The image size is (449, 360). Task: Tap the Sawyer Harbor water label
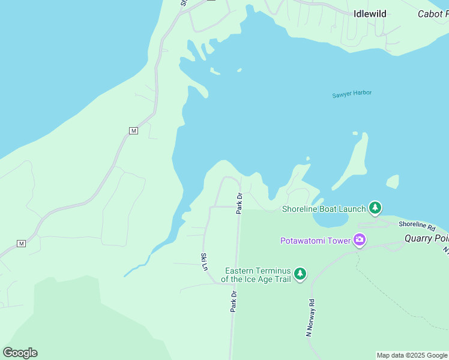pos(352,94)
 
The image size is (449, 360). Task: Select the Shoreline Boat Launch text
pos(324,209)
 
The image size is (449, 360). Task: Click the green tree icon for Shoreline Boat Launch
pos(375,208)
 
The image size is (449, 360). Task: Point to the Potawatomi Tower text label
pos(316,241)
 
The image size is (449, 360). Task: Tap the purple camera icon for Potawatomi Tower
pos(360,241)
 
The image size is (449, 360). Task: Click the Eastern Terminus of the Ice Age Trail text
pos(257,275)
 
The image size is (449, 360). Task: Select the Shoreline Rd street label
pos(417,226)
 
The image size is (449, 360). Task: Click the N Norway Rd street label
pos(310,318)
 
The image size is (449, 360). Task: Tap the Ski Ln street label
pos(203,261)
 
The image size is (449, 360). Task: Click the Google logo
pos(20,353)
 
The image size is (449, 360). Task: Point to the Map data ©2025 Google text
pos(412,355)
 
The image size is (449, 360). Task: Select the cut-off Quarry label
pos(426,238)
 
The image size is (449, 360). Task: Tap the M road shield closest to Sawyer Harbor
pos(133,130)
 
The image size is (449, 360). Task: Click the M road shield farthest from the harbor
pos(22,243)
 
